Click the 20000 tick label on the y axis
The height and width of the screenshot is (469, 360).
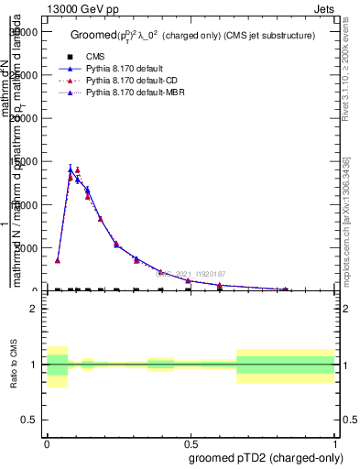(27, 118)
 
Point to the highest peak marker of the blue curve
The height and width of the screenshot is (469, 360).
(71, 169)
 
